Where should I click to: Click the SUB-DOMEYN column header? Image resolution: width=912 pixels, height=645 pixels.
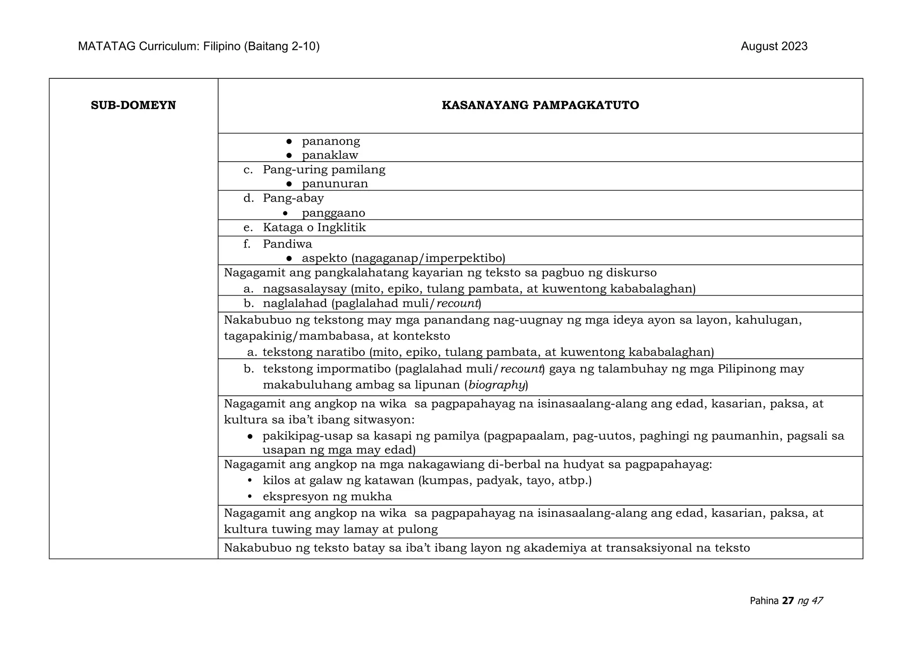point(133,105)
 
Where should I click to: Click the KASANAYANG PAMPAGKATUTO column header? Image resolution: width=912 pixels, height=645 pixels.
point(540,105)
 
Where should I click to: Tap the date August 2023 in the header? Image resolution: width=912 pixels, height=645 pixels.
point(774,46)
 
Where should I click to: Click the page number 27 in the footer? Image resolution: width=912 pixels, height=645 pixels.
point(788,601)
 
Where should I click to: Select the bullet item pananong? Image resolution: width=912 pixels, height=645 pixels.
point(331,142)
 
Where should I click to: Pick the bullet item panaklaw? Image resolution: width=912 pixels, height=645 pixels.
point(330,155)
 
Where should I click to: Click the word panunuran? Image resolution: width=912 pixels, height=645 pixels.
point(335,184)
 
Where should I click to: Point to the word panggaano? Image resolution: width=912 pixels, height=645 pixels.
point(334,213)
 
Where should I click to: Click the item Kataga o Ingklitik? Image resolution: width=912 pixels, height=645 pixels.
point(314,227)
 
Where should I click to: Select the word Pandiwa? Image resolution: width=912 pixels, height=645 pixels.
point(287,244)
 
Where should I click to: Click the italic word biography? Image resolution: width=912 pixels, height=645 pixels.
point(497,385)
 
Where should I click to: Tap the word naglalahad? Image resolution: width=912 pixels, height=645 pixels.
point(295,304)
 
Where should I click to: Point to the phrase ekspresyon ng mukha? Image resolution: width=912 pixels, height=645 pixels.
point(327,496)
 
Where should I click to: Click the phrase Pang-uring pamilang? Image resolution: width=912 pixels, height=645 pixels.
point(324,170)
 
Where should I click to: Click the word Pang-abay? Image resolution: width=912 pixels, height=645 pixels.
point(293,198)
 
